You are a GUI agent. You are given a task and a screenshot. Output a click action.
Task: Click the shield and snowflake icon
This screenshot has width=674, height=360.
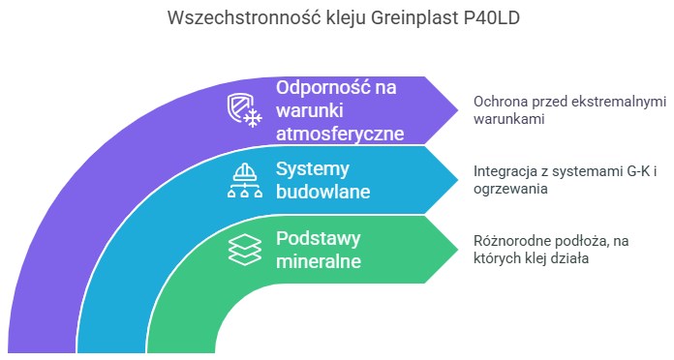pos(244,108)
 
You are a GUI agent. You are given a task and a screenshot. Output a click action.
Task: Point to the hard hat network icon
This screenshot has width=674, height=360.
pos(244,179)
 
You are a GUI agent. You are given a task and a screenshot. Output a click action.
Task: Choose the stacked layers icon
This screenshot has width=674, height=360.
pos(244,249)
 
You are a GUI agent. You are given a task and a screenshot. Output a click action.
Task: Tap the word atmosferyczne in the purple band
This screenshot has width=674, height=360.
pos(340,133)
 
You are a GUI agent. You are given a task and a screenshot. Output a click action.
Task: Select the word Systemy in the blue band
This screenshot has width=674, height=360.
pos(312,168)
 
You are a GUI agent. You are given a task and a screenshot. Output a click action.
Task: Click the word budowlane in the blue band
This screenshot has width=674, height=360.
pos(323,192)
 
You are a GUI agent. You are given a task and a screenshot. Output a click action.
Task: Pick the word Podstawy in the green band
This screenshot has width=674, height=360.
pos(318,238)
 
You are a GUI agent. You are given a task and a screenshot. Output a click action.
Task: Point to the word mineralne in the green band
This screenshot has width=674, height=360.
pos(319,261)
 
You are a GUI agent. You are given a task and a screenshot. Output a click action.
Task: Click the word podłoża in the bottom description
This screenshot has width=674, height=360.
pos(589,241)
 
